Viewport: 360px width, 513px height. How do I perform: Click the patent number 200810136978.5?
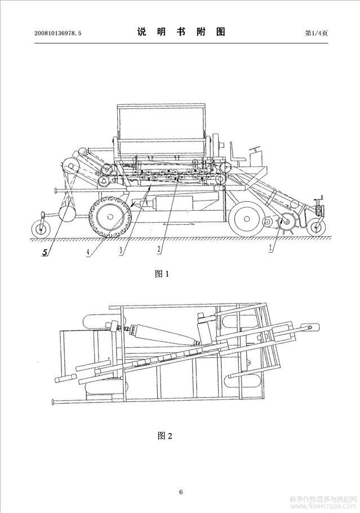click(x=58, y=33)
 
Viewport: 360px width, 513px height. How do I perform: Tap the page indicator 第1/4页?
click(x=316, y=33)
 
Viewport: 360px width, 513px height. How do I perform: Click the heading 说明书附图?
click(x=181, y=32)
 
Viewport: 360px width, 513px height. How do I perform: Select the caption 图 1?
click(x=162, y=273)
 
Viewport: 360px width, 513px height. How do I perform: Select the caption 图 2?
click(x=165, y=435)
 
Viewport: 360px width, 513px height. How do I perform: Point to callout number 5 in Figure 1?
click(x=45, y=252)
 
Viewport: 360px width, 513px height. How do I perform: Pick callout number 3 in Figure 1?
click(x=121, y=251)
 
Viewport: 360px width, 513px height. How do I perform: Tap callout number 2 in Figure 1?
click(x=159, y=249)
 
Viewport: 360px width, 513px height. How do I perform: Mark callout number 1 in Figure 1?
click(x=270, y=248)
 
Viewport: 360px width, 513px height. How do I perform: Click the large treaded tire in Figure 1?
click(x=110, y=217)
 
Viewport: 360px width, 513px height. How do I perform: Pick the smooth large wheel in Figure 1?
click(x=245, y=219)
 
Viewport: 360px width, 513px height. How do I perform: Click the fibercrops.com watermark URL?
click(x=323, y=506)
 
